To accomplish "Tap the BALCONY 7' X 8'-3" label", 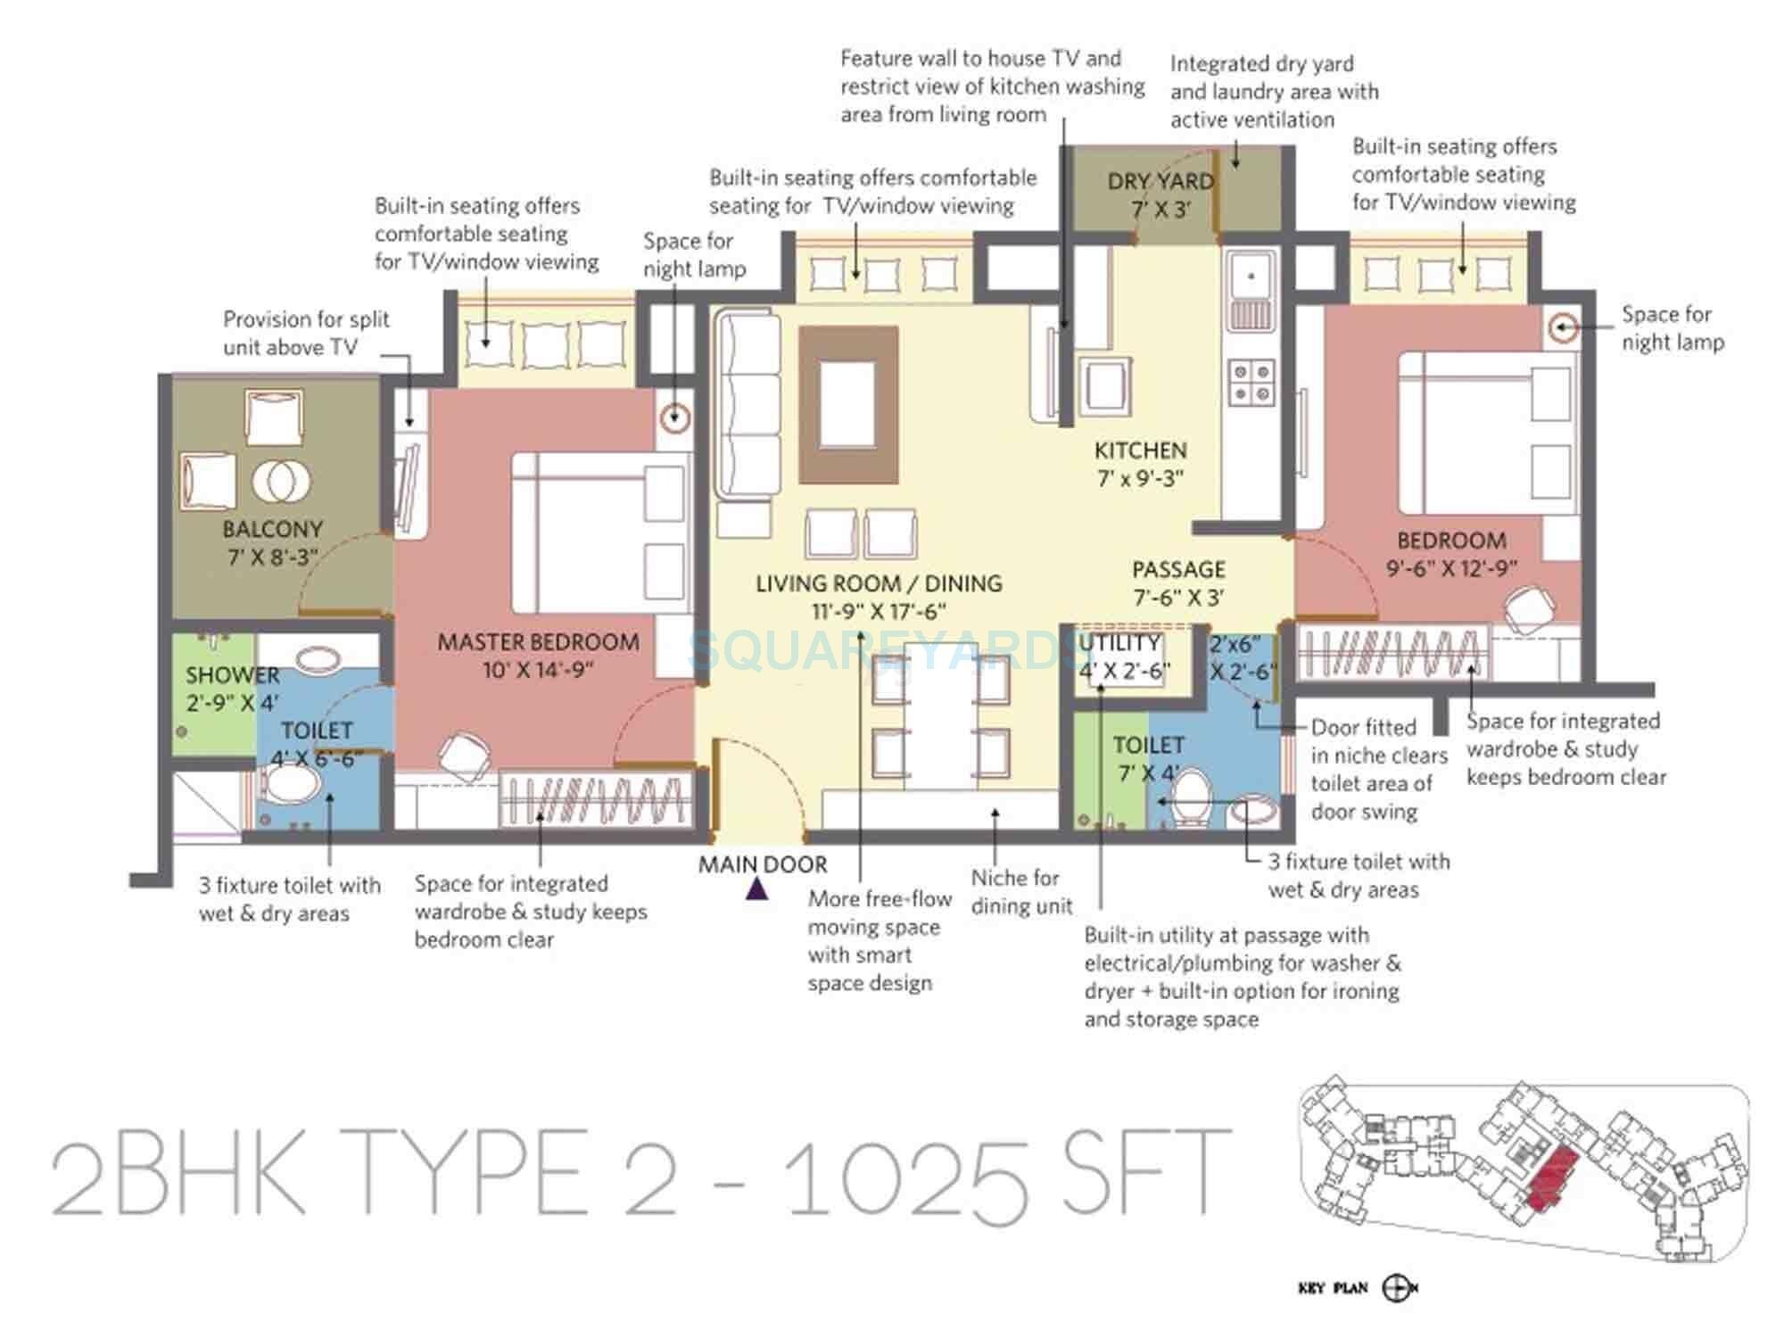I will pyautogui.click(x=272, y=542).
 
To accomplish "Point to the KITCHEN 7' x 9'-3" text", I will pyautogui.click(x=1140, y=464).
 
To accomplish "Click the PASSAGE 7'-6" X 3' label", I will pyautogui.click(x=1178, y=582).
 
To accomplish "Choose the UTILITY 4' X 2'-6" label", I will pyautogui.click(x=1121, y=657).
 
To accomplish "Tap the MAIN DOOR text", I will pyautogui.click(x=763, y=863).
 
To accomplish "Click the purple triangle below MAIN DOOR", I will pyautogui.click(x=756, y=888).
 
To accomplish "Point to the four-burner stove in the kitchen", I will pyautogui.click(x=1251, y=381).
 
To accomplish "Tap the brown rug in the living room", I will pyautogui.click(x=848, y=404).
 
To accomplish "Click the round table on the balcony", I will pyautogui.click(x=282, y=481).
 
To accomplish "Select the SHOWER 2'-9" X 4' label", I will pyautogui.click(x=232, y=688).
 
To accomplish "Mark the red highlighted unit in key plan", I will pyautogui.click(x=1551, y=1177).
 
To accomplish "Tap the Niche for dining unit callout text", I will pyautogui.click(x=1020, y=891).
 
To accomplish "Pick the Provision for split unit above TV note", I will pyautogui.click(x=306, y=333).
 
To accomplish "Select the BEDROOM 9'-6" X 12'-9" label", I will pyautogui.click(x=1451, y=553).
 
